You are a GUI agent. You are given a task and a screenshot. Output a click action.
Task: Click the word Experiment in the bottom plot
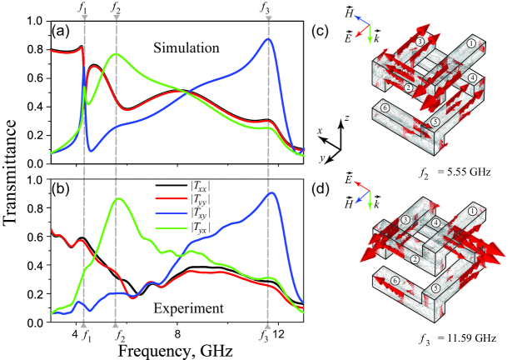click(x=191, y=308)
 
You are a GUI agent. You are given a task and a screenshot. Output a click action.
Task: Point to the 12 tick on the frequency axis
click(x=281, y=334)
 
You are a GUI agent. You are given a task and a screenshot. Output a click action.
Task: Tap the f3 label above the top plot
click(x=266, y=8)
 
